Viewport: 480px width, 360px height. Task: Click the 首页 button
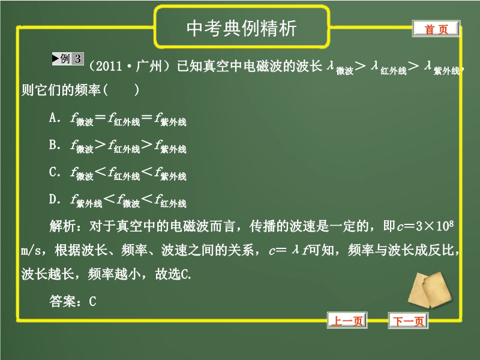tap(436, 29)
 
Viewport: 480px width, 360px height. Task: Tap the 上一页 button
tap(347, 320)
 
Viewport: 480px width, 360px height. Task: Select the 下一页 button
tap(409, 320)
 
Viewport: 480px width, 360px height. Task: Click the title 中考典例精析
tap(242, 28)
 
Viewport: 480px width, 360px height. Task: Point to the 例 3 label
tap(68, 59)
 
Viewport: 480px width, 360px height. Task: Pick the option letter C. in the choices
tap(55, 172)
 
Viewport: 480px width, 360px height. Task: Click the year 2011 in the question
tap(109, 66)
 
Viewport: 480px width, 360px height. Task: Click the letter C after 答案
tap(92, 301)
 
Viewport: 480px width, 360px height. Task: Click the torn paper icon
tap(430, 290)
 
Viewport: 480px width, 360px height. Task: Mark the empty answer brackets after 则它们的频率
tap(122, 90)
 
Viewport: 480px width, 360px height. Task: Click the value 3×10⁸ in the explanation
tap(434, 226)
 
